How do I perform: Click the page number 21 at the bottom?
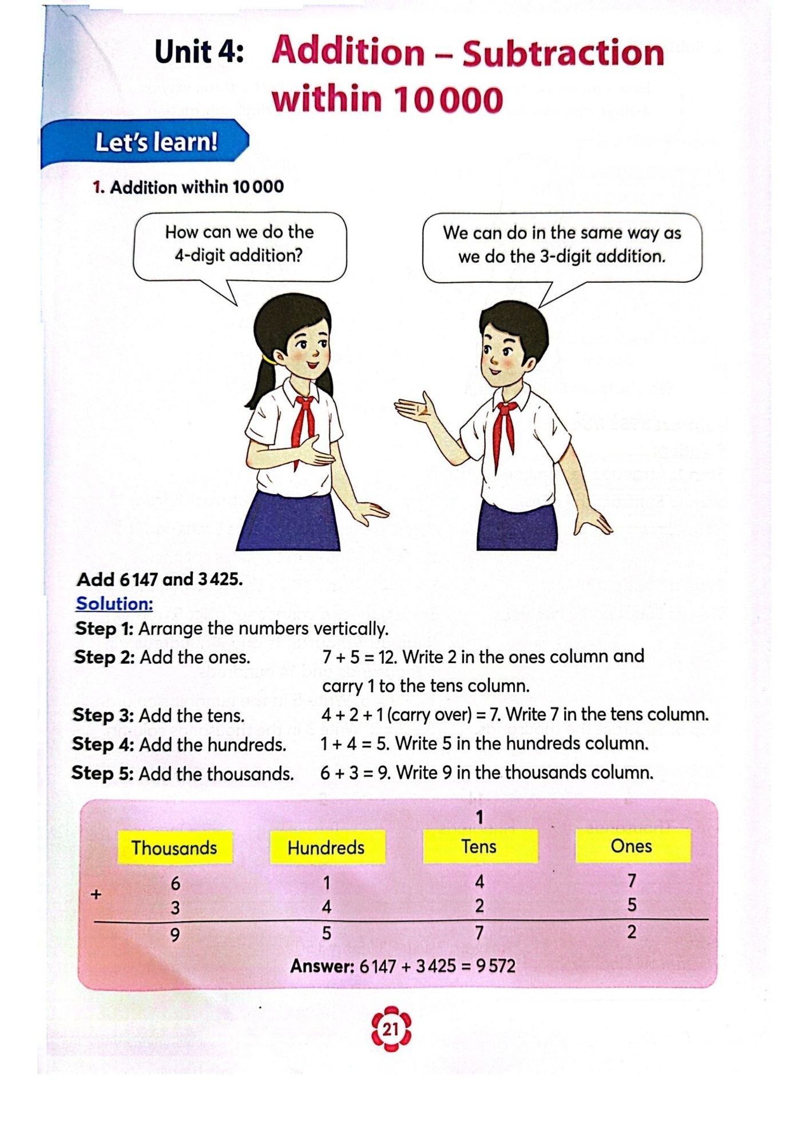coord(391,1029)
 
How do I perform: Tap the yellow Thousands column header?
coord(175,847)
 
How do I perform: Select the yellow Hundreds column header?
coord(326,847)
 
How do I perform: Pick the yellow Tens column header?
coord(479,846)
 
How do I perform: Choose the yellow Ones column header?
coord(632,846)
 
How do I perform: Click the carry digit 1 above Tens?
coord(480,817)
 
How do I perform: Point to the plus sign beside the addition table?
coord(96,894)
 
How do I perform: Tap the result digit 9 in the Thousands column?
coord(175,934)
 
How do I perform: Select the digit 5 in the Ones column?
coord(632,905)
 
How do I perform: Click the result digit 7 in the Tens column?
coord(479,933)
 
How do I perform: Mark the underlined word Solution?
coord(114,603)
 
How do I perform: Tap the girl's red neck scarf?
coord(303,424)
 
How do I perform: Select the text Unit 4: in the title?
coord(199,53)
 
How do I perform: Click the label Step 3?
coord(103,715)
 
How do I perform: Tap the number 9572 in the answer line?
coord(496,966)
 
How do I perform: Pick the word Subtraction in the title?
coord(563,54)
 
